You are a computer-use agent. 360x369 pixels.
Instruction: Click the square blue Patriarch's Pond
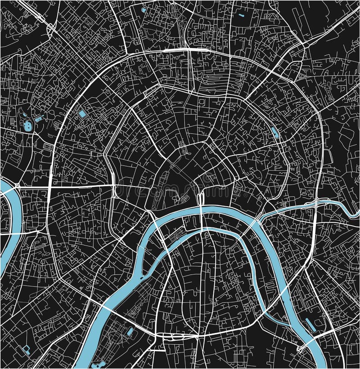pos(82,114)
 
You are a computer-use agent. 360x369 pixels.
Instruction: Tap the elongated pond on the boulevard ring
pos(274,132)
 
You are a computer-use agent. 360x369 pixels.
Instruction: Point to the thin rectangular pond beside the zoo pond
pos(38,119)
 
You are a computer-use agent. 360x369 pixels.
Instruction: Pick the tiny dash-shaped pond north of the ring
pos(241,16)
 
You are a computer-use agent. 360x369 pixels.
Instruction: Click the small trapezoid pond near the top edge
pos(144,9)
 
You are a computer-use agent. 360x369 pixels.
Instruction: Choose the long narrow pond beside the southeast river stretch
pos(310,325)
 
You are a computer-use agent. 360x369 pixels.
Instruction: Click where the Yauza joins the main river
pos(260,221)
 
